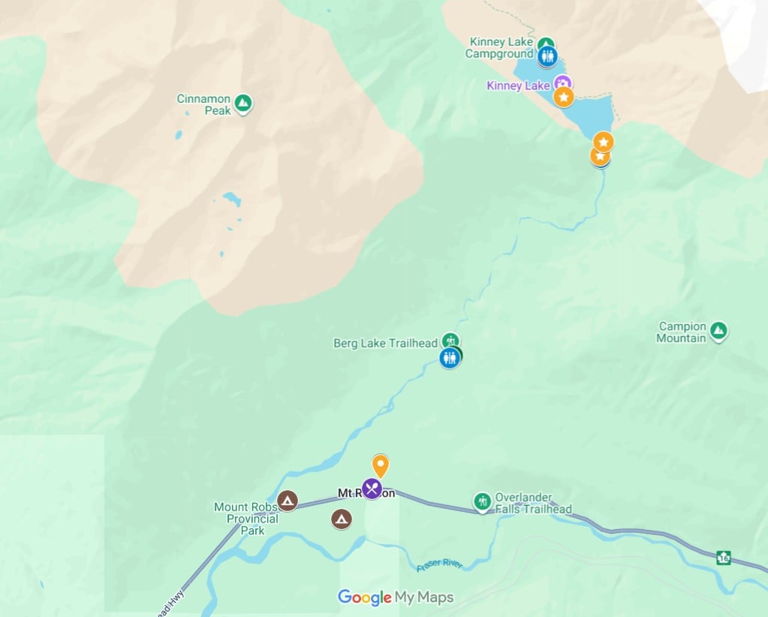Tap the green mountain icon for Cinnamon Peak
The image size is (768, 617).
(242, 103)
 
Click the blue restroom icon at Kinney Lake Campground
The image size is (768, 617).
(547, 56)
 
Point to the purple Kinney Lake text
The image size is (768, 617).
(518, 86)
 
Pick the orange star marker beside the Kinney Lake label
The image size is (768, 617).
(564, 97)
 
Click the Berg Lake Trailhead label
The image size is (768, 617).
(385, 343)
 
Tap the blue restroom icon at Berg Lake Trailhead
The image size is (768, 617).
(449, 358)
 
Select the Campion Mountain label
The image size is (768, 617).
(682, 332)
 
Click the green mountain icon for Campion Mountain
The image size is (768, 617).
(718, 330)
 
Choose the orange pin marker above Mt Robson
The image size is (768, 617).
(381, 465)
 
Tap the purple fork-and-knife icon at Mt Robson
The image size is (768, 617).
(372, 489)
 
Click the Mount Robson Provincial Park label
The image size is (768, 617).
(246, 519)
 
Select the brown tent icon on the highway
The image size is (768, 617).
(287, 500)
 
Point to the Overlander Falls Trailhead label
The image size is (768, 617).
(533, 503)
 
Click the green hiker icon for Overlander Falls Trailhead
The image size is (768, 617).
(482, 501)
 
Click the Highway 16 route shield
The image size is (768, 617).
(723, 558)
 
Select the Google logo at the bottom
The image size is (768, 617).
(365, 597)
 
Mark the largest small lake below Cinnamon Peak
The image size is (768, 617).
(232, 199)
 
